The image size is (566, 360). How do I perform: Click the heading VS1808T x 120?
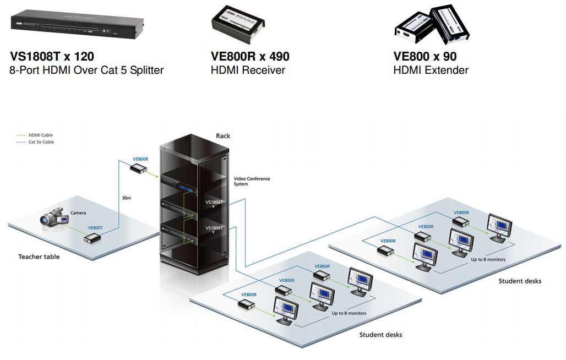click(x=52, y=57)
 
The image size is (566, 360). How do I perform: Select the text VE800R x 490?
click(x=250, y=57)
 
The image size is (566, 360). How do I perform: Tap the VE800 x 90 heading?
click(x=425, y=57)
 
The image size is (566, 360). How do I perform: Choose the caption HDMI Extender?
click(x=431, y=70)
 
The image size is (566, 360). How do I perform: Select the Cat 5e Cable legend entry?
click(x=41, y=142)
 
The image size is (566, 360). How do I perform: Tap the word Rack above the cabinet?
click(x=223, y=136)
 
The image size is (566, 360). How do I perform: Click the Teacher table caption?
click(x=39, y=257)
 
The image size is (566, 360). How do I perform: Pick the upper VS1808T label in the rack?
click(x=214, y=202)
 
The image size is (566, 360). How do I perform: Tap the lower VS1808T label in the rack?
click(x=214, y=228)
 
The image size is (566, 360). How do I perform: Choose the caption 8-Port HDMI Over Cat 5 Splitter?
click(x=86, y=70)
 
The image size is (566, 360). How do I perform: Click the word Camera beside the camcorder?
click(x=78, y=212)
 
